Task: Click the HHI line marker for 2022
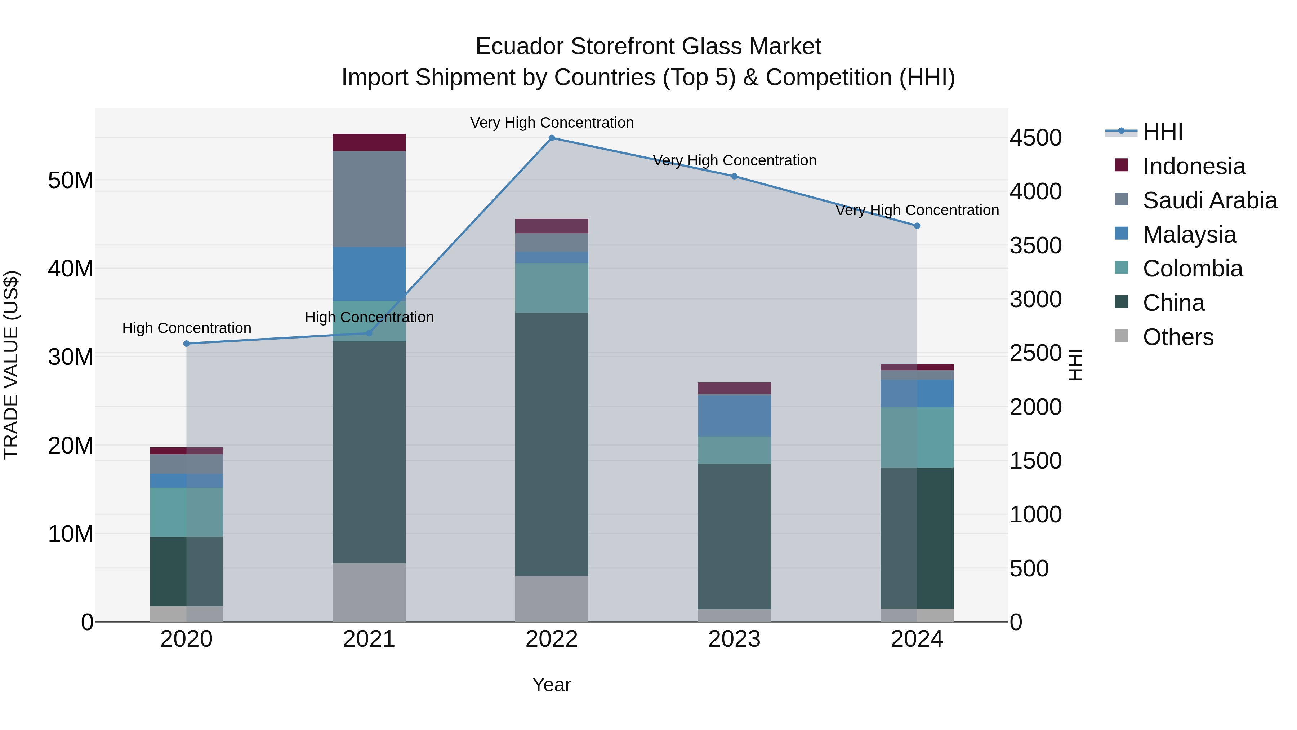click(x=551, y=138)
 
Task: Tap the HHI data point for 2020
click(x=186, y=344)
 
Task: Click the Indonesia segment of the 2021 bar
click(x=369, y=142)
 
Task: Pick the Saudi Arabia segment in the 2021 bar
click(x=369, y=199)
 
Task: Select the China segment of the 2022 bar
click(x=551, y=443)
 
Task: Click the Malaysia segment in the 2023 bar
click(x=734, y=416)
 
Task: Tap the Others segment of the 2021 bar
click(x=369, y=592)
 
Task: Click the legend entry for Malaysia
click(x=1189, y=235)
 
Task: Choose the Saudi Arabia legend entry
click(x=1209, y=200)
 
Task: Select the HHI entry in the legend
click(x=1162, y=132)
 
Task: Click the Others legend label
click(x=1178, y=337)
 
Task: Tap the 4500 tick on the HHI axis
click(x=1036, y=138)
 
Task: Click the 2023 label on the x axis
click(x=734, y=639)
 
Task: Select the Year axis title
click(x=551, y=685)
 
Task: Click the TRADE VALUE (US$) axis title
click(x=11, y=365)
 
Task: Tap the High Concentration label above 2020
click(x=186, y=328)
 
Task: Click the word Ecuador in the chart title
click(x=519, y=47)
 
